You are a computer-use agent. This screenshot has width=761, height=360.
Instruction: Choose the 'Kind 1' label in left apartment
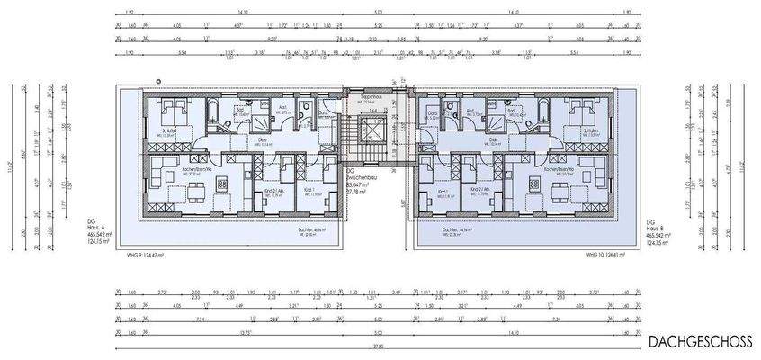(x=309, y=190)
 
